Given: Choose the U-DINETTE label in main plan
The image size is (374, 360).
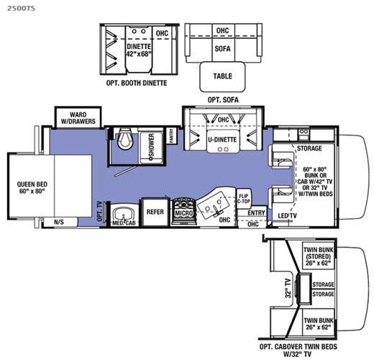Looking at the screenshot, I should coord(221,140).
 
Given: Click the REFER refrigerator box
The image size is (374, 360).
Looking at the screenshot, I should coord(155,212).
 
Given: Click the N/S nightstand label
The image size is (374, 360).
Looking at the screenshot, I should coord(58,223).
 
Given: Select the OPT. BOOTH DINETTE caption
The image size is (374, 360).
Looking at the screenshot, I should coord(137,84).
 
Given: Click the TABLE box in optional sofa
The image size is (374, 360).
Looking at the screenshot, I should coord(222,76).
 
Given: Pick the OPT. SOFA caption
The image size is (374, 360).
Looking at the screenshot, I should coord(222,99).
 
